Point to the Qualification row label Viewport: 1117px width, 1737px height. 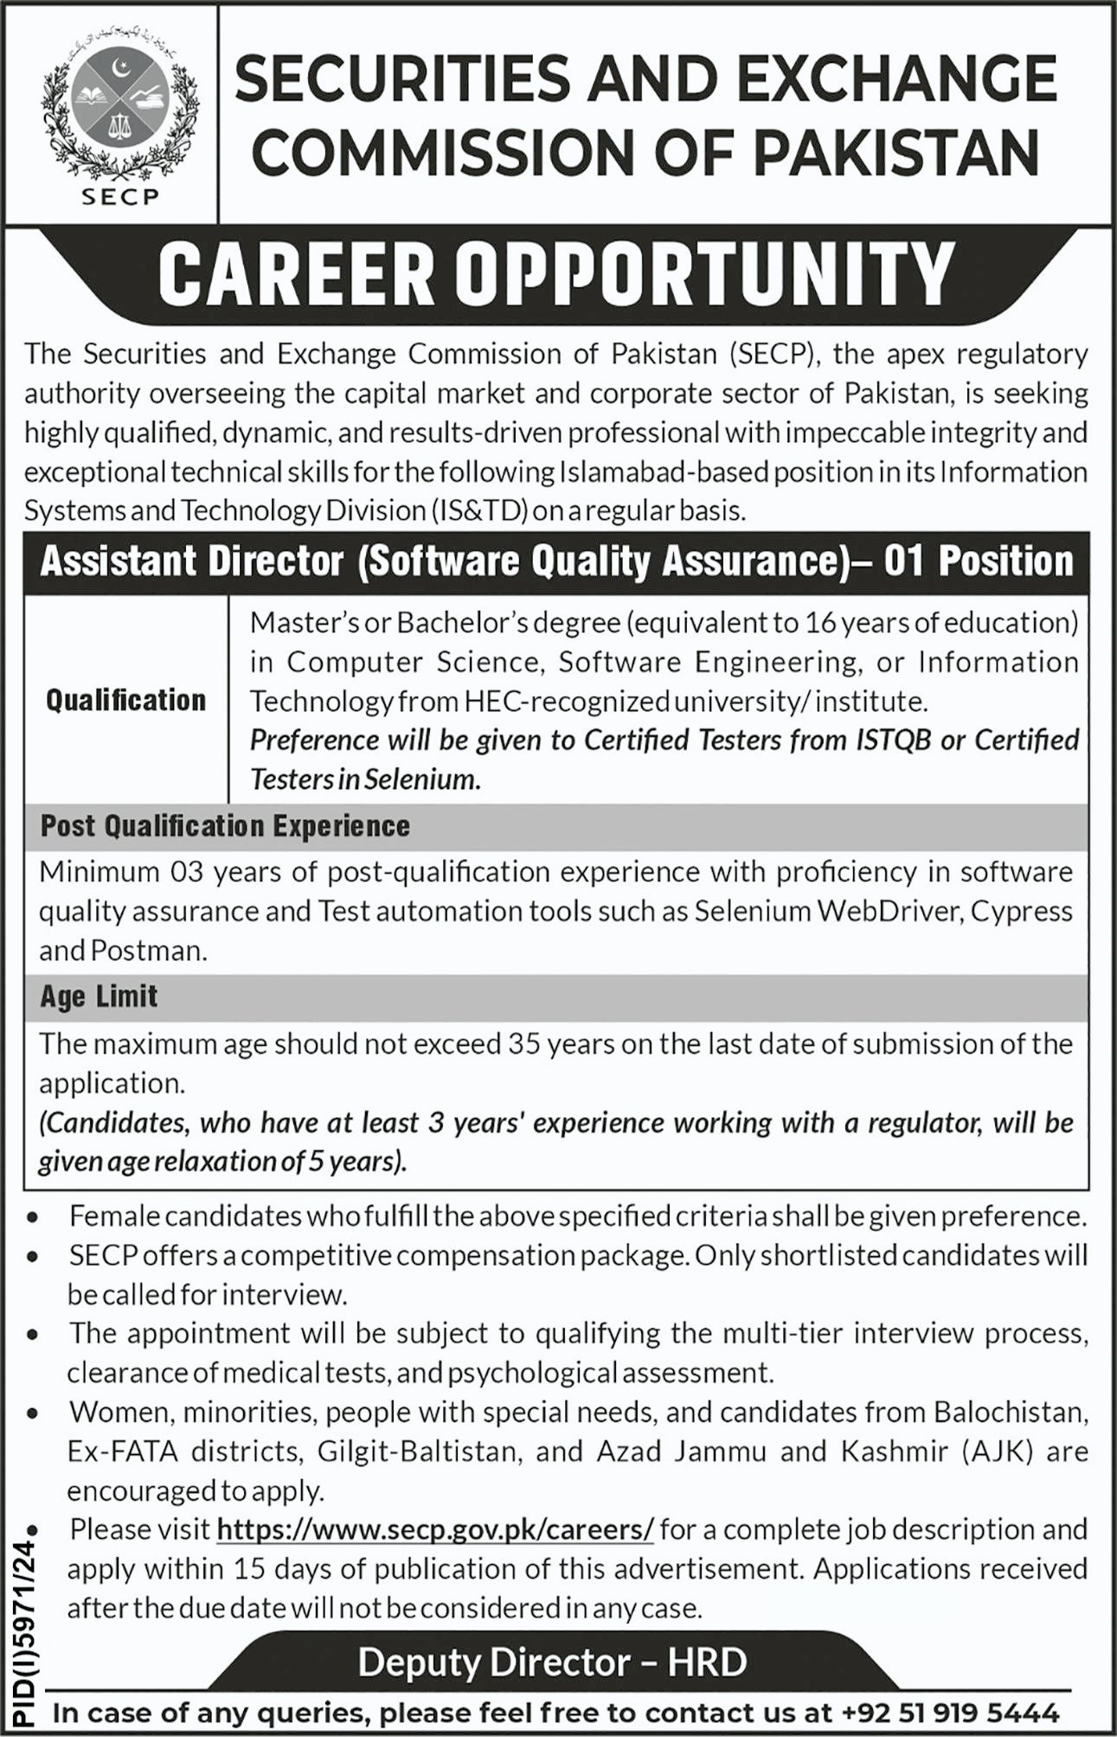[x=126, y=700]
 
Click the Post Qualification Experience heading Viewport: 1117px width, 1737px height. [x=225, y=826]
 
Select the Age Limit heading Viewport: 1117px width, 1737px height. [x=99, y=997]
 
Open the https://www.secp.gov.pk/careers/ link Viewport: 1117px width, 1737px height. [x=435, y=1529]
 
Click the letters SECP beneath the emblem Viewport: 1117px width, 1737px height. [x=120, y=195]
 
